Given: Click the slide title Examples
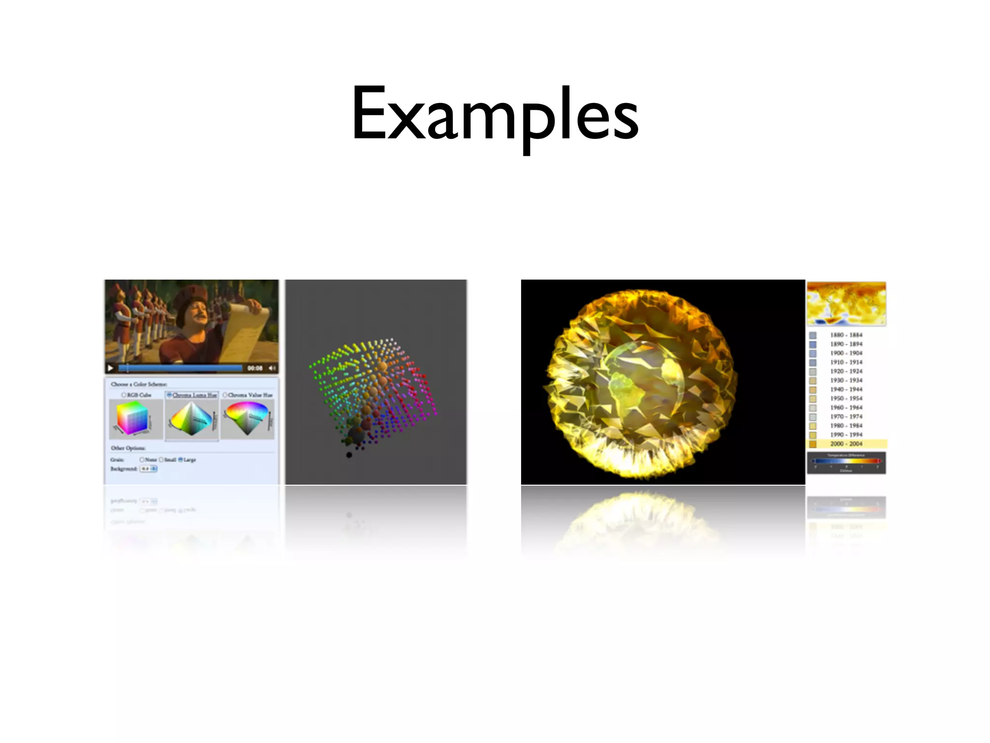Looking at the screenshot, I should click(495, 114).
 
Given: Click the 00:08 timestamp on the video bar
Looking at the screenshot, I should click(254, 368).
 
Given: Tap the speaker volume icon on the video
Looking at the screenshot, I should click(272, 368).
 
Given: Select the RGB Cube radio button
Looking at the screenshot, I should click(124, 395).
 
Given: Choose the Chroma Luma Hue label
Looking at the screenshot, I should click(194, 395).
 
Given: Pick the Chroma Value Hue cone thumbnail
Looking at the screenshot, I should click(247, 418).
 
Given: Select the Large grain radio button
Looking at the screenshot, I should click(181, 460).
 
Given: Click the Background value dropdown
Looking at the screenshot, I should click(149, 469).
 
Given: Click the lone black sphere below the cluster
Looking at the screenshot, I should click(349, 455).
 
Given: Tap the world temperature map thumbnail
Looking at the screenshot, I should click(846, 304).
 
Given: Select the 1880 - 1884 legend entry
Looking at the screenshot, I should click(846, 335).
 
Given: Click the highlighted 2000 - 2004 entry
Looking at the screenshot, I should click(846, 444).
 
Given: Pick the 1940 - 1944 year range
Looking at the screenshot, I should click(846, 389).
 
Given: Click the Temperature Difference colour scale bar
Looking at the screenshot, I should click(846, 461).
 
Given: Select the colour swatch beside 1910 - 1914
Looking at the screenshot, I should click(813, 362).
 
